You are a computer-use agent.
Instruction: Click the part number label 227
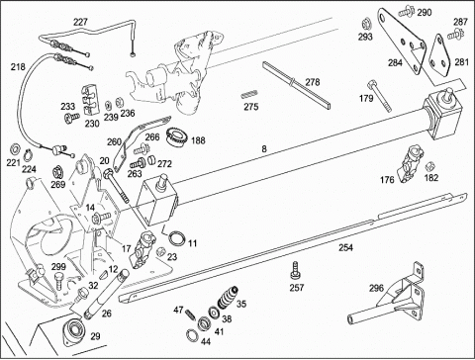click(80, 22)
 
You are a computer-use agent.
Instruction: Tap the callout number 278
click(312, 82)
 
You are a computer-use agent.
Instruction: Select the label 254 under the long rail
click(345, 247)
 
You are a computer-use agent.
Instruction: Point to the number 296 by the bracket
click(376, 288)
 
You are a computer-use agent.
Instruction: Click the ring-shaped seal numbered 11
click(177, 237)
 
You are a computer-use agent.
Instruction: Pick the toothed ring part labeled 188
click(177, 136)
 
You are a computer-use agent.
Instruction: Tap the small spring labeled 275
click(249, 95)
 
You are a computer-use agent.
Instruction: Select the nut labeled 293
click(365, 24)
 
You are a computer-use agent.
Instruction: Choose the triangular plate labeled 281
click(438, 56)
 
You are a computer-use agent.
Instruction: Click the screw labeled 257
click(295, 271)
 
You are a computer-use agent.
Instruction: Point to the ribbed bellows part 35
click(228, 297)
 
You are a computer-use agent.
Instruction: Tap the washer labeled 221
click(15, 149)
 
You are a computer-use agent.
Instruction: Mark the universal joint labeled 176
click(410, 163)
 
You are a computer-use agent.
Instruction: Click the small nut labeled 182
click(429, 165)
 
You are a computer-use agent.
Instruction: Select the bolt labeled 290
click(406, 12)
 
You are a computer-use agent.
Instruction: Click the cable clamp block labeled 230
click(89, 100)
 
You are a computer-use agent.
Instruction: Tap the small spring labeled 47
click(191, 315)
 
